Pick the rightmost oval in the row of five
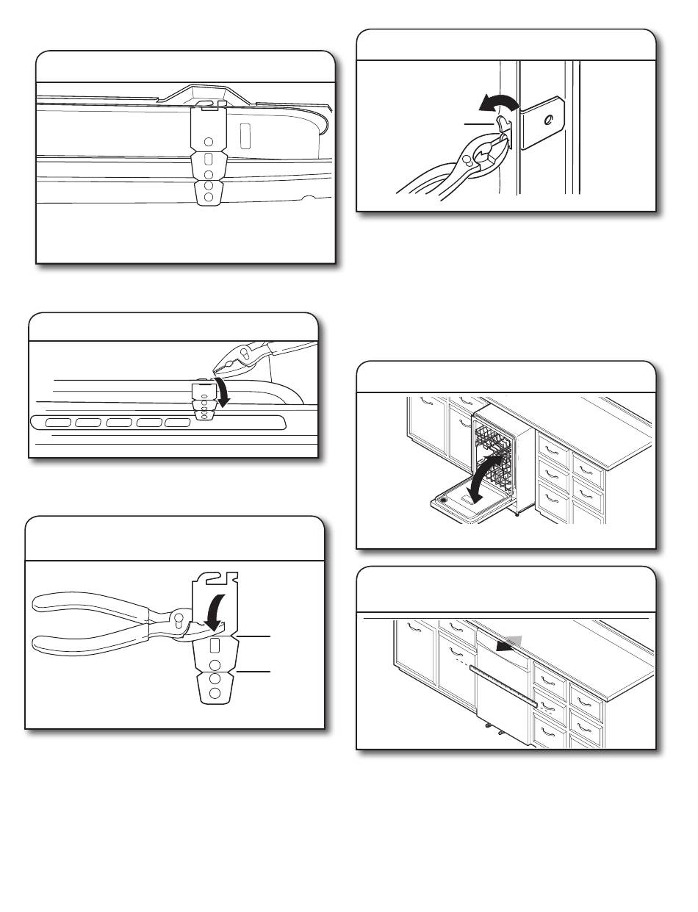pos(177,423)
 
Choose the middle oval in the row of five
pos(118,423)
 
